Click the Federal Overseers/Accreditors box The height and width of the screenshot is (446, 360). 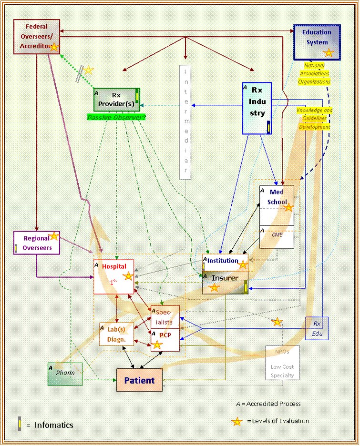tap(37, 36)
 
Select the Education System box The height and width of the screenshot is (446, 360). tap(317, 42)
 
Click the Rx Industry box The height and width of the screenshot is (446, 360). tap(257, 108)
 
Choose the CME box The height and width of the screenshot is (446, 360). tap(277, 237)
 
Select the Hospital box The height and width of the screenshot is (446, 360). tap(113, 276)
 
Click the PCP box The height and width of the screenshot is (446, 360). tap(165, 340)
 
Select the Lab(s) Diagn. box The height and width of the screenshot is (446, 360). tap(116, 334)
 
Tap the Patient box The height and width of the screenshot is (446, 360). tap(139, 380)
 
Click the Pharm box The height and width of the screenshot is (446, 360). tap(65, 374)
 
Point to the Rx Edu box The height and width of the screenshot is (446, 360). tap(317, 328)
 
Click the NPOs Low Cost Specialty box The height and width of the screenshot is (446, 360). tap(282, 362)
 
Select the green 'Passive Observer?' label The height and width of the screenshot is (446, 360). tap(116, 117)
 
